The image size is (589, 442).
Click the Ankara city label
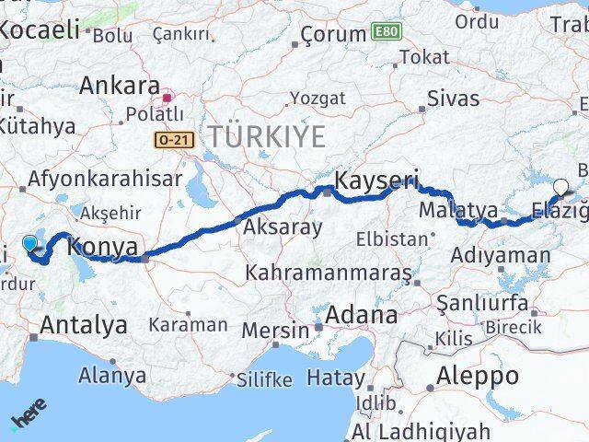120,87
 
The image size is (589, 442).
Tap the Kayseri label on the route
376,180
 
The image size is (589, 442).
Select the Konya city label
104,247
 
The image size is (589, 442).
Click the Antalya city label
83,324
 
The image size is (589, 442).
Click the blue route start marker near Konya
30,243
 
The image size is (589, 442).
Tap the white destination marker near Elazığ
560,186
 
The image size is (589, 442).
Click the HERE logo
29,418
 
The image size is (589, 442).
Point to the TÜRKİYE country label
266,137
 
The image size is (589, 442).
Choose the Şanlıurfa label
481,303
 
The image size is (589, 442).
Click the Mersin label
275,330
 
